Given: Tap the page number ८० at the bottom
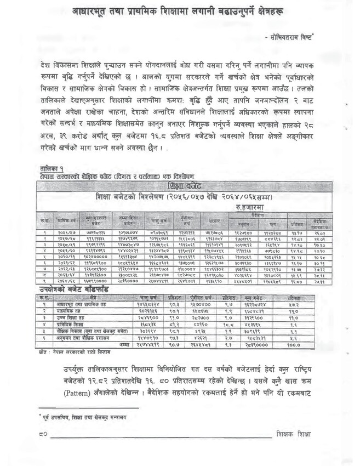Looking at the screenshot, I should [x=43, y=433].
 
